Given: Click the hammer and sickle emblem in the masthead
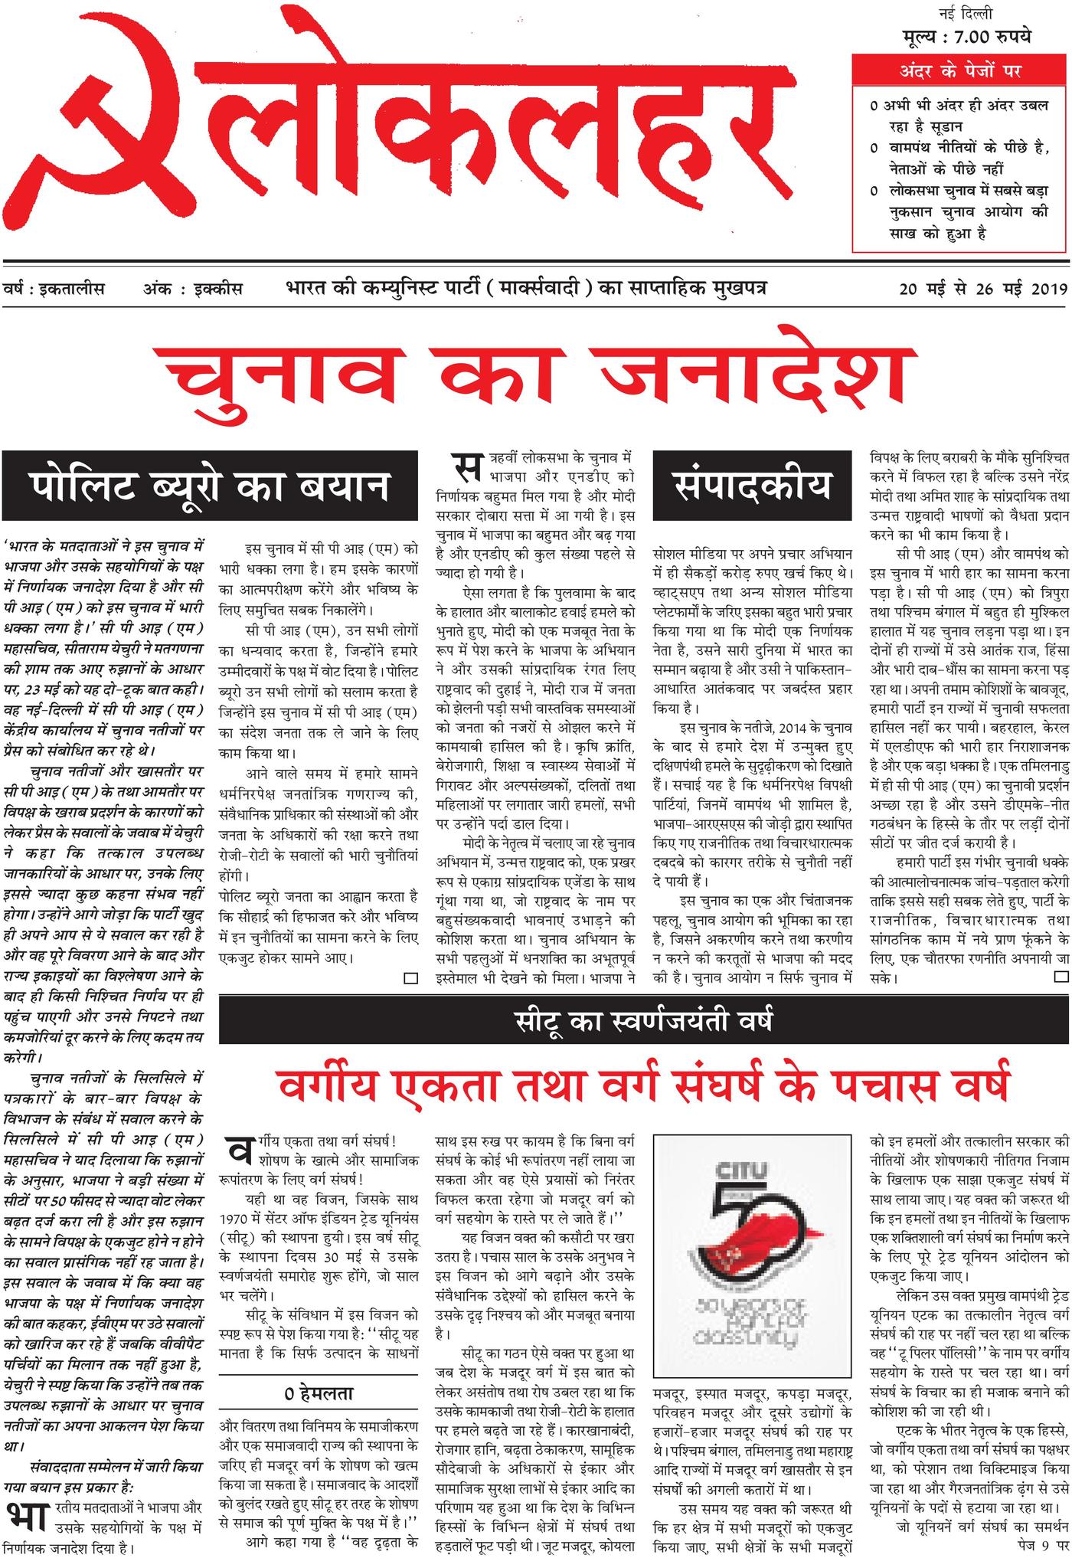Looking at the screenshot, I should click(x=100, y=130).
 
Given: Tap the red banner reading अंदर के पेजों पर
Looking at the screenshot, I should click(x=960, y=73).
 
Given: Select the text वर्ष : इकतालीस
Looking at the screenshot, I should click(x=54, y=290).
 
